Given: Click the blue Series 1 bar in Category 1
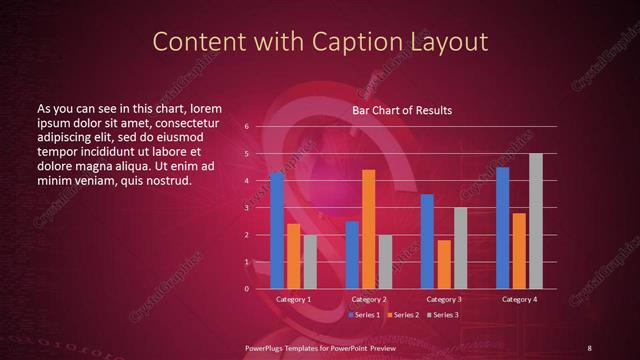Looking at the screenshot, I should pyautogui.click(x=277, y=231).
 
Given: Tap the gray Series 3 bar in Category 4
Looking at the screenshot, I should pyautogui.click(x=535, y=221).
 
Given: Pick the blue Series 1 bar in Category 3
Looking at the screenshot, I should pyautogui.click(x=427, y=241).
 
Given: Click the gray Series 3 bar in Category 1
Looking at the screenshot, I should pyautogui.click(x=310, y=262).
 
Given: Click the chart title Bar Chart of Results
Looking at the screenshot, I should pyautogui.click(x=403, y=110).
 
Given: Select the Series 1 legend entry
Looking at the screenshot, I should pyautogui.click(x=364, y=315).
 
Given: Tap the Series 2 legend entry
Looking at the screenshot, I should pyautogui.click(x=402, y=315).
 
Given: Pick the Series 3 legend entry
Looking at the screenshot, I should pyautogui.click(x=442, y=315).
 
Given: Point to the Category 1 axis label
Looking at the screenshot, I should pyautogui.click(x=294, y=299).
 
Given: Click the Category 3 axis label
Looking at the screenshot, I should pyautogui.click(x=443, y=299).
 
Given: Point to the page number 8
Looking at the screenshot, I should pyautogui.click(x=589, y=347).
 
